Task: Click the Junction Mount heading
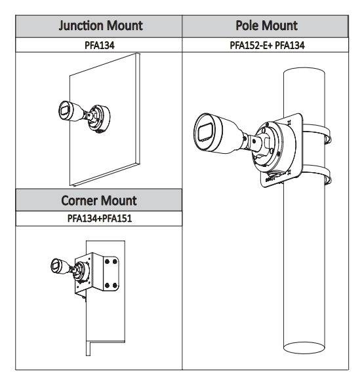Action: (100, 26)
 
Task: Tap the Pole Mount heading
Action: (267, 26)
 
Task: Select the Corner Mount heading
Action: (99, 201)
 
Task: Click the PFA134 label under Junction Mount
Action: (99, 45)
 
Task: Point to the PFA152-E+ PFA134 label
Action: (267, 45)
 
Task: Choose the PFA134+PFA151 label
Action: (100, 218)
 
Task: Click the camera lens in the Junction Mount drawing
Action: (65, 111)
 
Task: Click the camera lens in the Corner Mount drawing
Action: (55, 265)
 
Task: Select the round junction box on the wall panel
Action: (99, 119)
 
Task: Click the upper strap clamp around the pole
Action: (317, 134)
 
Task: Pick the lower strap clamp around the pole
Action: (317, 174)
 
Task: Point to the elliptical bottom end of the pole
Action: (304, 348)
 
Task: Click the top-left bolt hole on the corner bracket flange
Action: (107, 261)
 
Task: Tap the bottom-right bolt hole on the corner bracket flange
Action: (115, 285)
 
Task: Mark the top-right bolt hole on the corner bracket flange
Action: (115, 262)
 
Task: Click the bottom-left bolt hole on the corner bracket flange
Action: (107, 285)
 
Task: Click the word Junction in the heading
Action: (81, 26)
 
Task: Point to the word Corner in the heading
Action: (79, 201)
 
